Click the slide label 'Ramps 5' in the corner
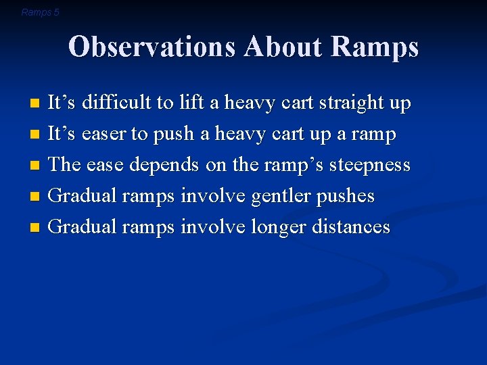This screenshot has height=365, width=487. (41, 12)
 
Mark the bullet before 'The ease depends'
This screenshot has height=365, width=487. (37, 166)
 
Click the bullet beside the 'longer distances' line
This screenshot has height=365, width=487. (37, 228)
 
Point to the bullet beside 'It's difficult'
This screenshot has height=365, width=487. (37, 104)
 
